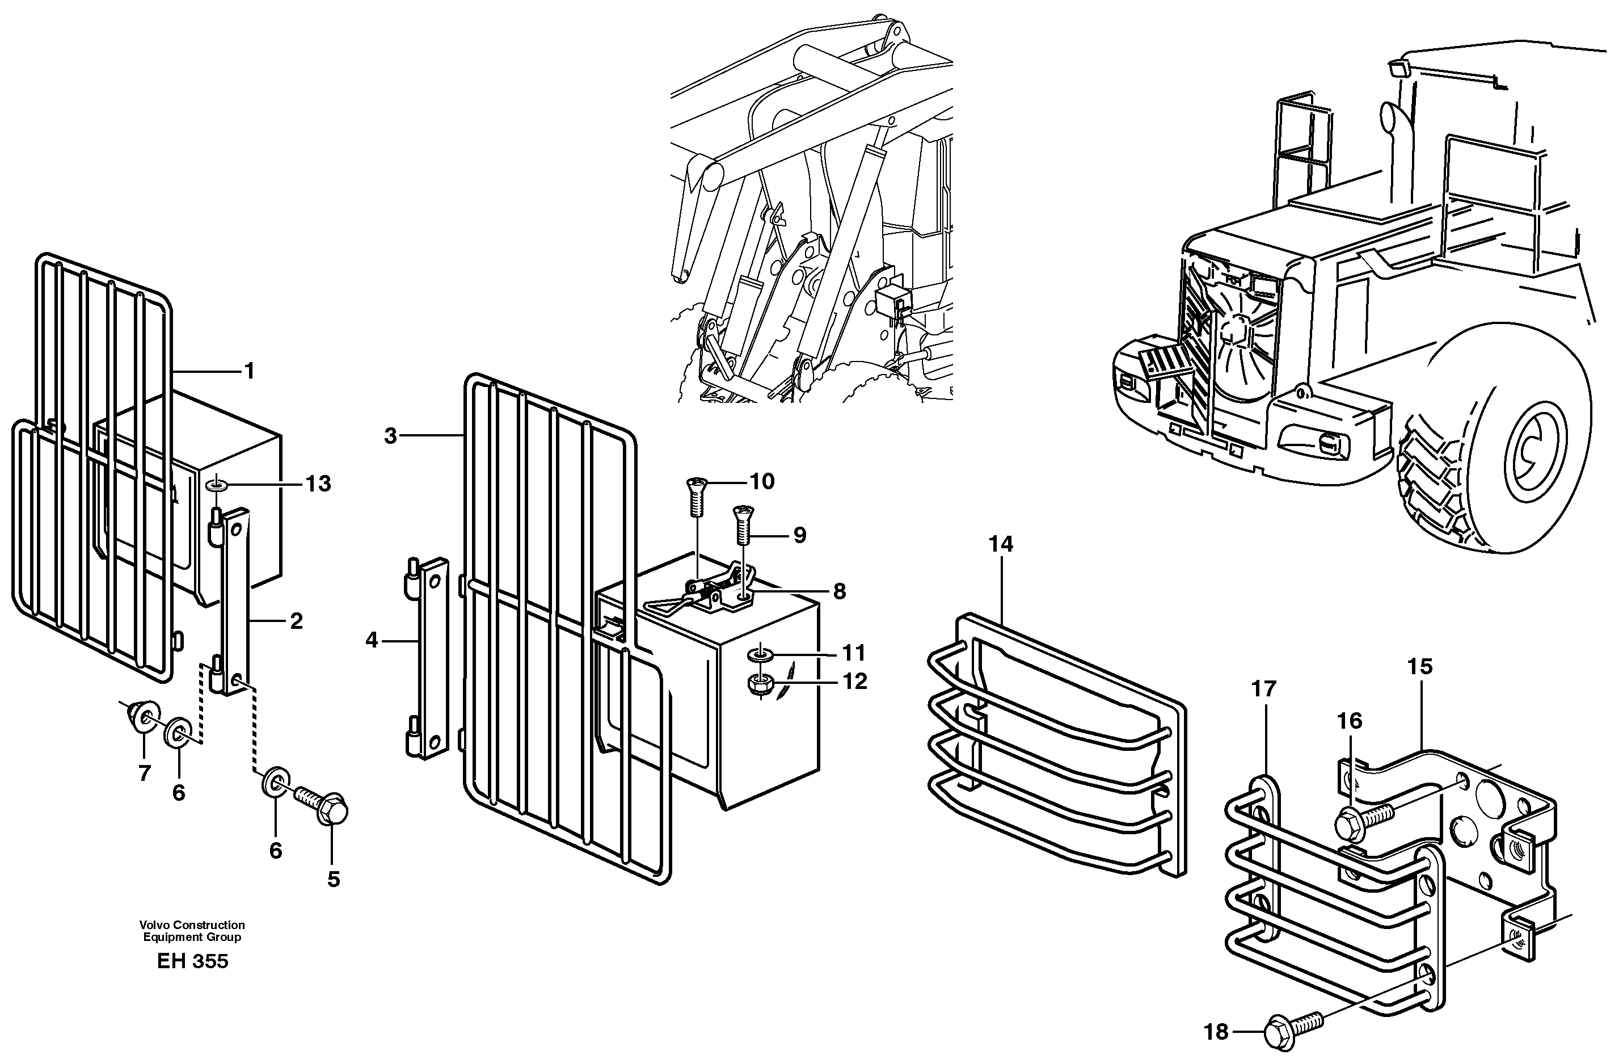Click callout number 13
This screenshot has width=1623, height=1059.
click(x=318, y=484)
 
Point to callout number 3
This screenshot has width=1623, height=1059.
click(x=390, y=435)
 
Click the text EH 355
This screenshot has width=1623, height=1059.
click(x=192, y=961)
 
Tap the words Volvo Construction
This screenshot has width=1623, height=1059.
click(x=192, y=925)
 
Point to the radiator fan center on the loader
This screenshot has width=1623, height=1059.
click(x=1233, y=333)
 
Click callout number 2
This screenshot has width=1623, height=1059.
click(x=296, y=621)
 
